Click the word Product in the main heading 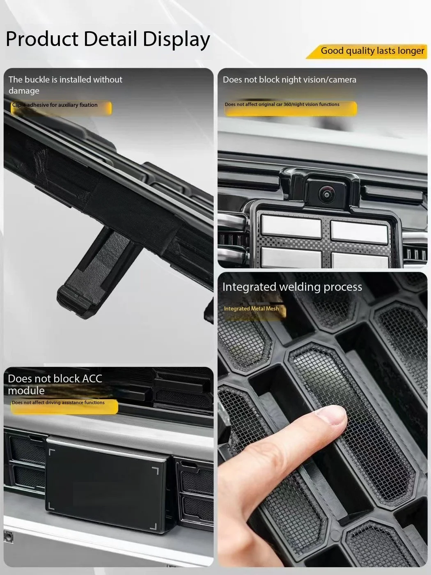[x=42, y=39]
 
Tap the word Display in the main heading [x=176, y=39]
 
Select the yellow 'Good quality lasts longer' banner [x=367, y=51]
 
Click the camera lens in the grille [x=326, y=194]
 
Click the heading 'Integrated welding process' [x=292, y=287]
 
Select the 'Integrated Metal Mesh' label [x=251, y=308]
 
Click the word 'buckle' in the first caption [x=37, y=79]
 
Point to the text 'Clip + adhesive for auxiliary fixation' [x=55, y=105]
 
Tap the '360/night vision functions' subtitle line [x=282, y=104]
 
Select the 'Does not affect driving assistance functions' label [x=58, y=402]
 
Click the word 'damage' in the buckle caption [x=24, y=91]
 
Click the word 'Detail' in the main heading [x=110, y=39]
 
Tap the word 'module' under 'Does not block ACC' [x=26, y=391]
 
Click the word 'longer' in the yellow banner [x=411, y=51]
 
